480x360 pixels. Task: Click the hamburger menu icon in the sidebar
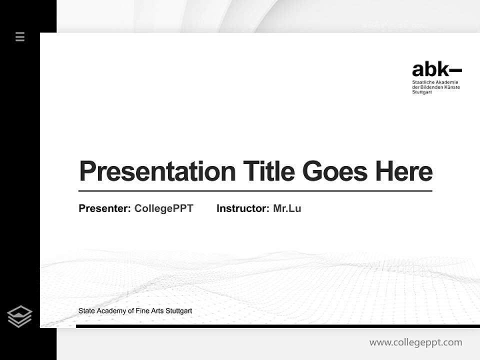tap(20, 36)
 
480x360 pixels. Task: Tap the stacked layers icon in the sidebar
tap(19, 316)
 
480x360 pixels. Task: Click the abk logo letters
tap(430, 69)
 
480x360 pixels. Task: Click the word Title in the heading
tap(268, 171)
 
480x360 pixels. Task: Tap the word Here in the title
tap(404, 171)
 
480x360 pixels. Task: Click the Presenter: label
tap(104, 208)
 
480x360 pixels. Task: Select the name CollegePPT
tap(163, 208)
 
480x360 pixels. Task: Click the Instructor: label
tap(242, 208)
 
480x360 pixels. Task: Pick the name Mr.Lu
tap(287, 208)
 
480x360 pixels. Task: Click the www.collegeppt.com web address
tap(415, 342)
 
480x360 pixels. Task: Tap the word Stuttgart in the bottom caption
tap(178, 311)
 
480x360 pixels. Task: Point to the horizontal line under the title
tap(255, 191)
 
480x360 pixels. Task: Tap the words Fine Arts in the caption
tap(148, 311)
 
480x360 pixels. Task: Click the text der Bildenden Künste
tap(435, 87)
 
